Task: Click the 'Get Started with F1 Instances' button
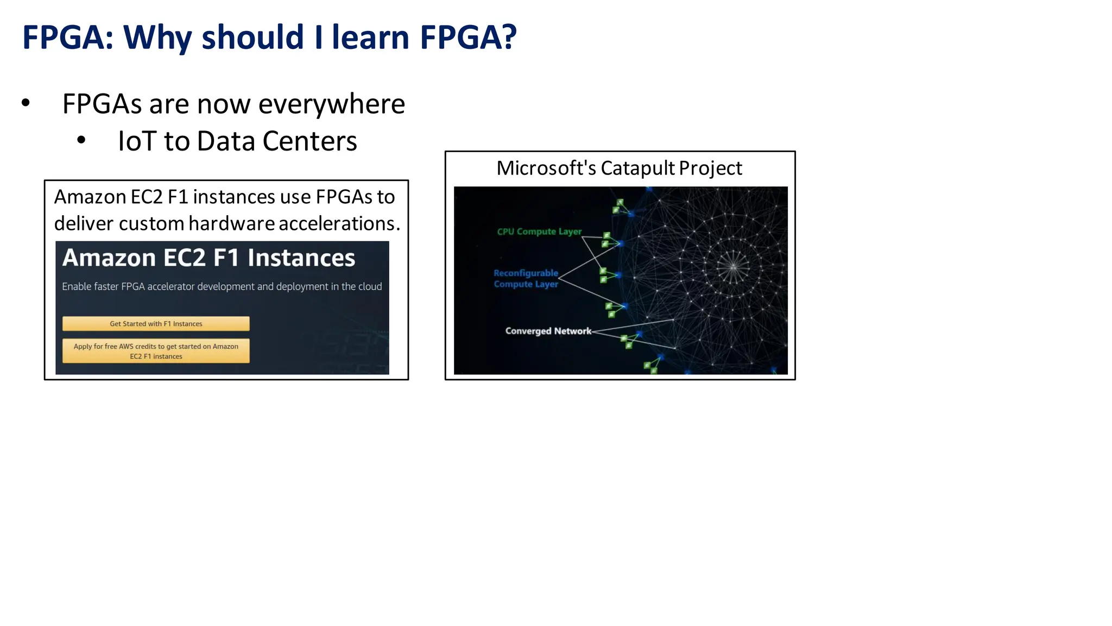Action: [156, 324]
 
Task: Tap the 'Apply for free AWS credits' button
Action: [156, 351]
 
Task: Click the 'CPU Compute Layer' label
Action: [539, 231]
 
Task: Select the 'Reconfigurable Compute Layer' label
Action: [526, 279]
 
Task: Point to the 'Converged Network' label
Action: [548, 331]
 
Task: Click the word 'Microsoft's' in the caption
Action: [546, 168]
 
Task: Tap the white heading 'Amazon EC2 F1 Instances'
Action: [208, 258]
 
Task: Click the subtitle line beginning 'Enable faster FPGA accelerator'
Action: [222, 286]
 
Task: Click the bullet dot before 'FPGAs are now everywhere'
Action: [26, 103]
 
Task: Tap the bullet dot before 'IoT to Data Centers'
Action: [81, 140]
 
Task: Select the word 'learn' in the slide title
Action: [370, 37]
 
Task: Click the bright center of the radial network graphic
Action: [733, 266]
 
